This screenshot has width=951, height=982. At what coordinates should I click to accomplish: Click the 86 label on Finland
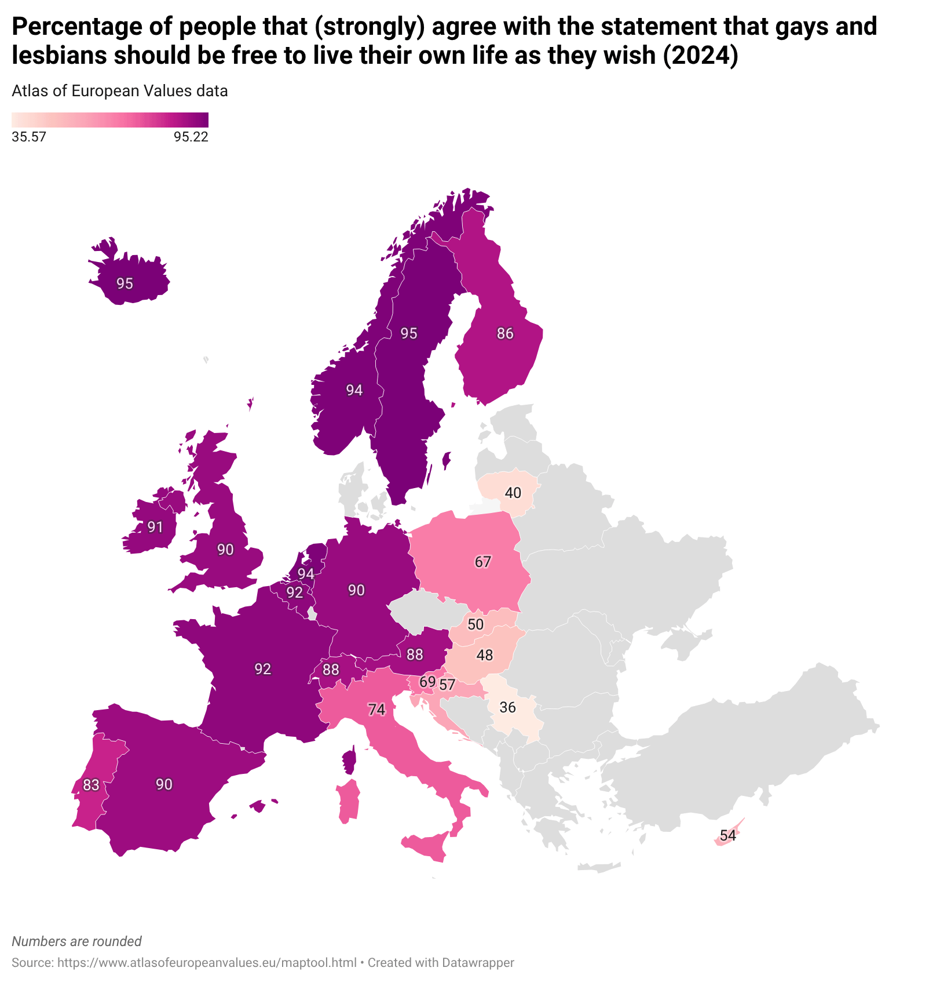[505, 333]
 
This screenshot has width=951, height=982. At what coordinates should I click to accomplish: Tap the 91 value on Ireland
[155, 527]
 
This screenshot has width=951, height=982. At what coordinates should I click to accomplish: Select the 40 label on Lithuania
[513, 493]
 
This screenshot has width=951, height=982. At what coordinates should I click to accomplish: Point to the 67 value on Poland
[483, 562]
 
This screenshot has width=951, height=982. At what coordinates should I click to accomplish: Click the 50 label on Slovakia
[475, 624]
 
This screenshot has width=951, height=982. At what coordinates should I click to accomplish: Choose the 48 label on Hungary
[485, 655]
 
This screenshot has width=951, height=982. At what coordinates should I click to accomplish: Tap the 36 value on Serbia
[507, 707]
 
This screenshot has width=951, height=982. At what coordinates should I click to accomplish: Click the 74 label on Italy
[376, 710]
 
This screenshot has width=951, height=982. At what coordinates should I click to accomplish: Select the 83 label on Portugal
[91, 785]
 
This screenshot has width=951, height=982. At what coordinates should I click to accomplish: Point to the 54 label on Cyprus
[728, 835]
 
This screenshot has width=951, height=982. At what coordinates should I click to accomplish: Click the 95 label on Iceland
[125, 283]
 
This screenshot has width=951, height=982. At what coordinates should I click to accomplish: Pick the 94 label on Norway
[354, 390]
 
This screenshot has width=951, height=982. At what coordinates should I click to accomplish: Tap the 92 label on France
[263, 669]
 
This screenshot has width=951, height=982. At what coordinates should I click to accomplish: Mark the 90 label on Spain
[164, 784]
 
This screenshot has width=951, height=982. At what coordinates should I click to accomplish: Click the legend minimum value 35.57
[29, 137]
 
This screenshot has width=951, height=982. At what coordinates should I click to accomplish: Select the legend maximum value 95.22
[191, 137]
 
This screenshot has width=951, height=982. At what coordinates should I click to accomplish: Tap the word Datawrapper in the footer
[478, 962]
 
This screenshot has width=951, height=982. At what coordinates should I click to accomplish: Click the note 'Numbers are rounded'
[76, 941]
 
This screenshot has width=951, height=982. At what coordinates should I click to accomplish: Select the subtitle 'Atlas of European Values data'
[120, 91]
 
